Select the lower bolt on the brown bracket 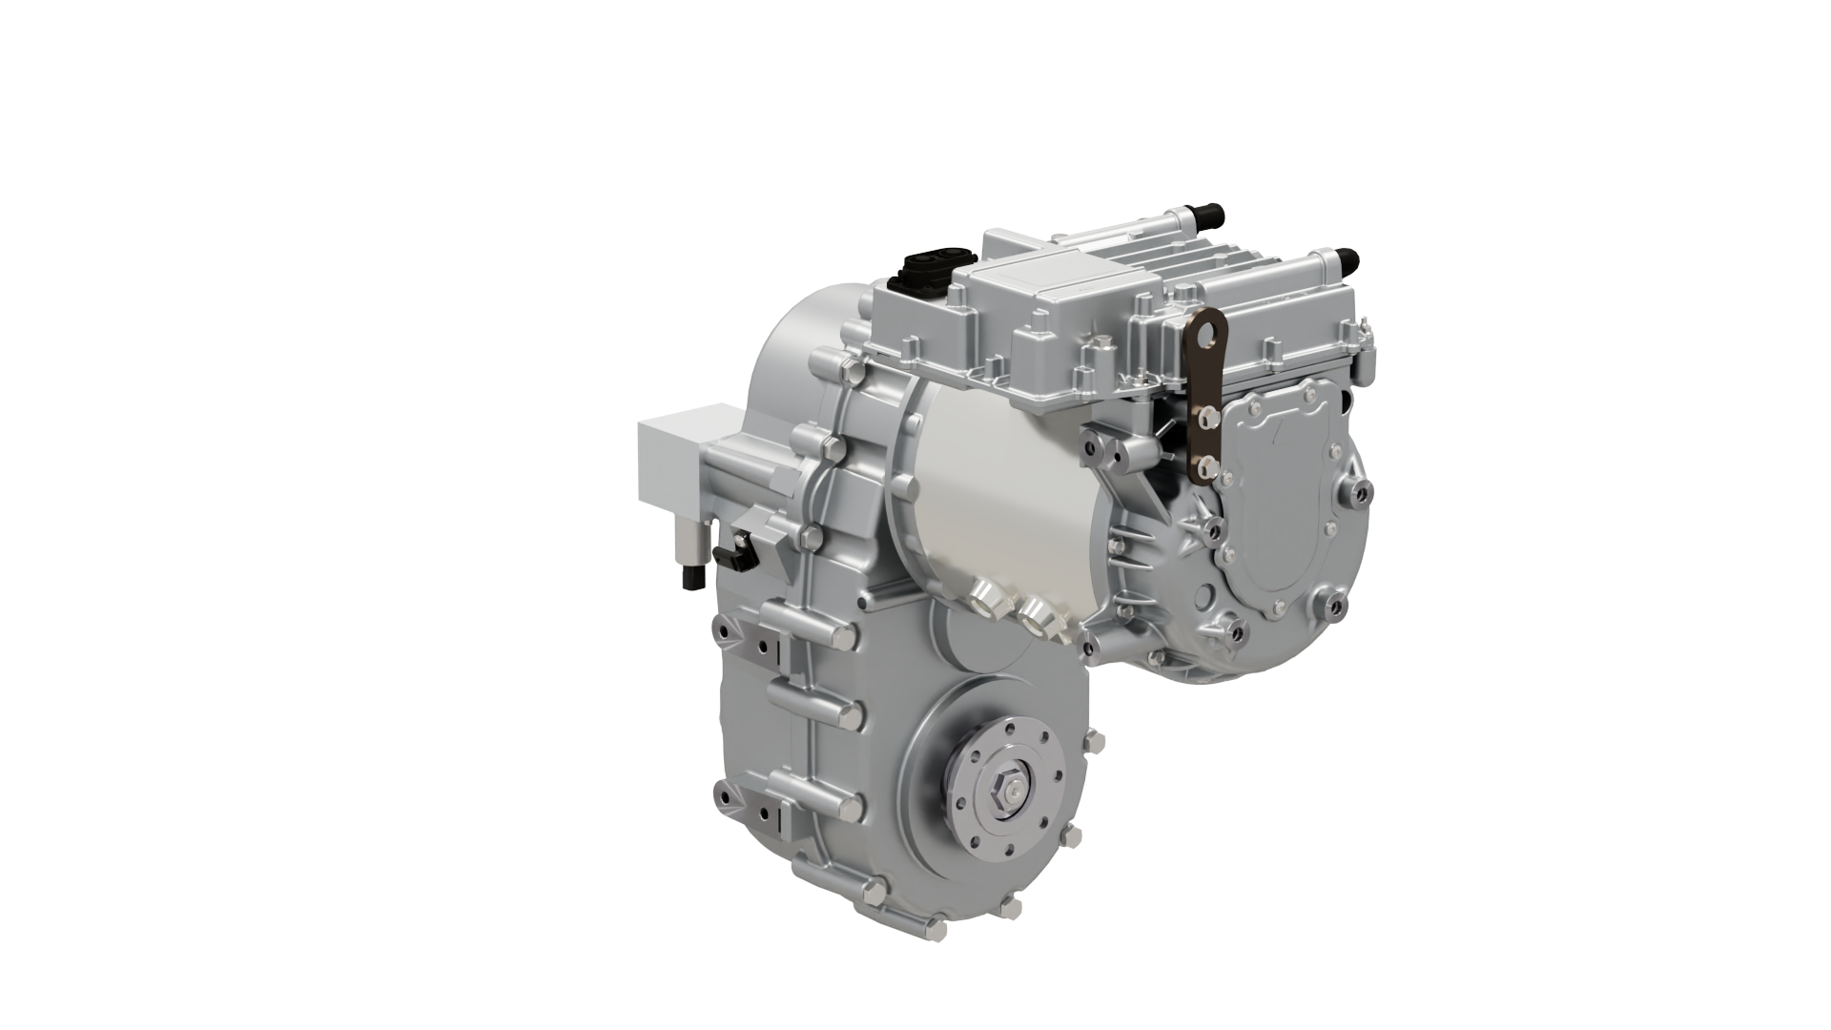coord(1205,465)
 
